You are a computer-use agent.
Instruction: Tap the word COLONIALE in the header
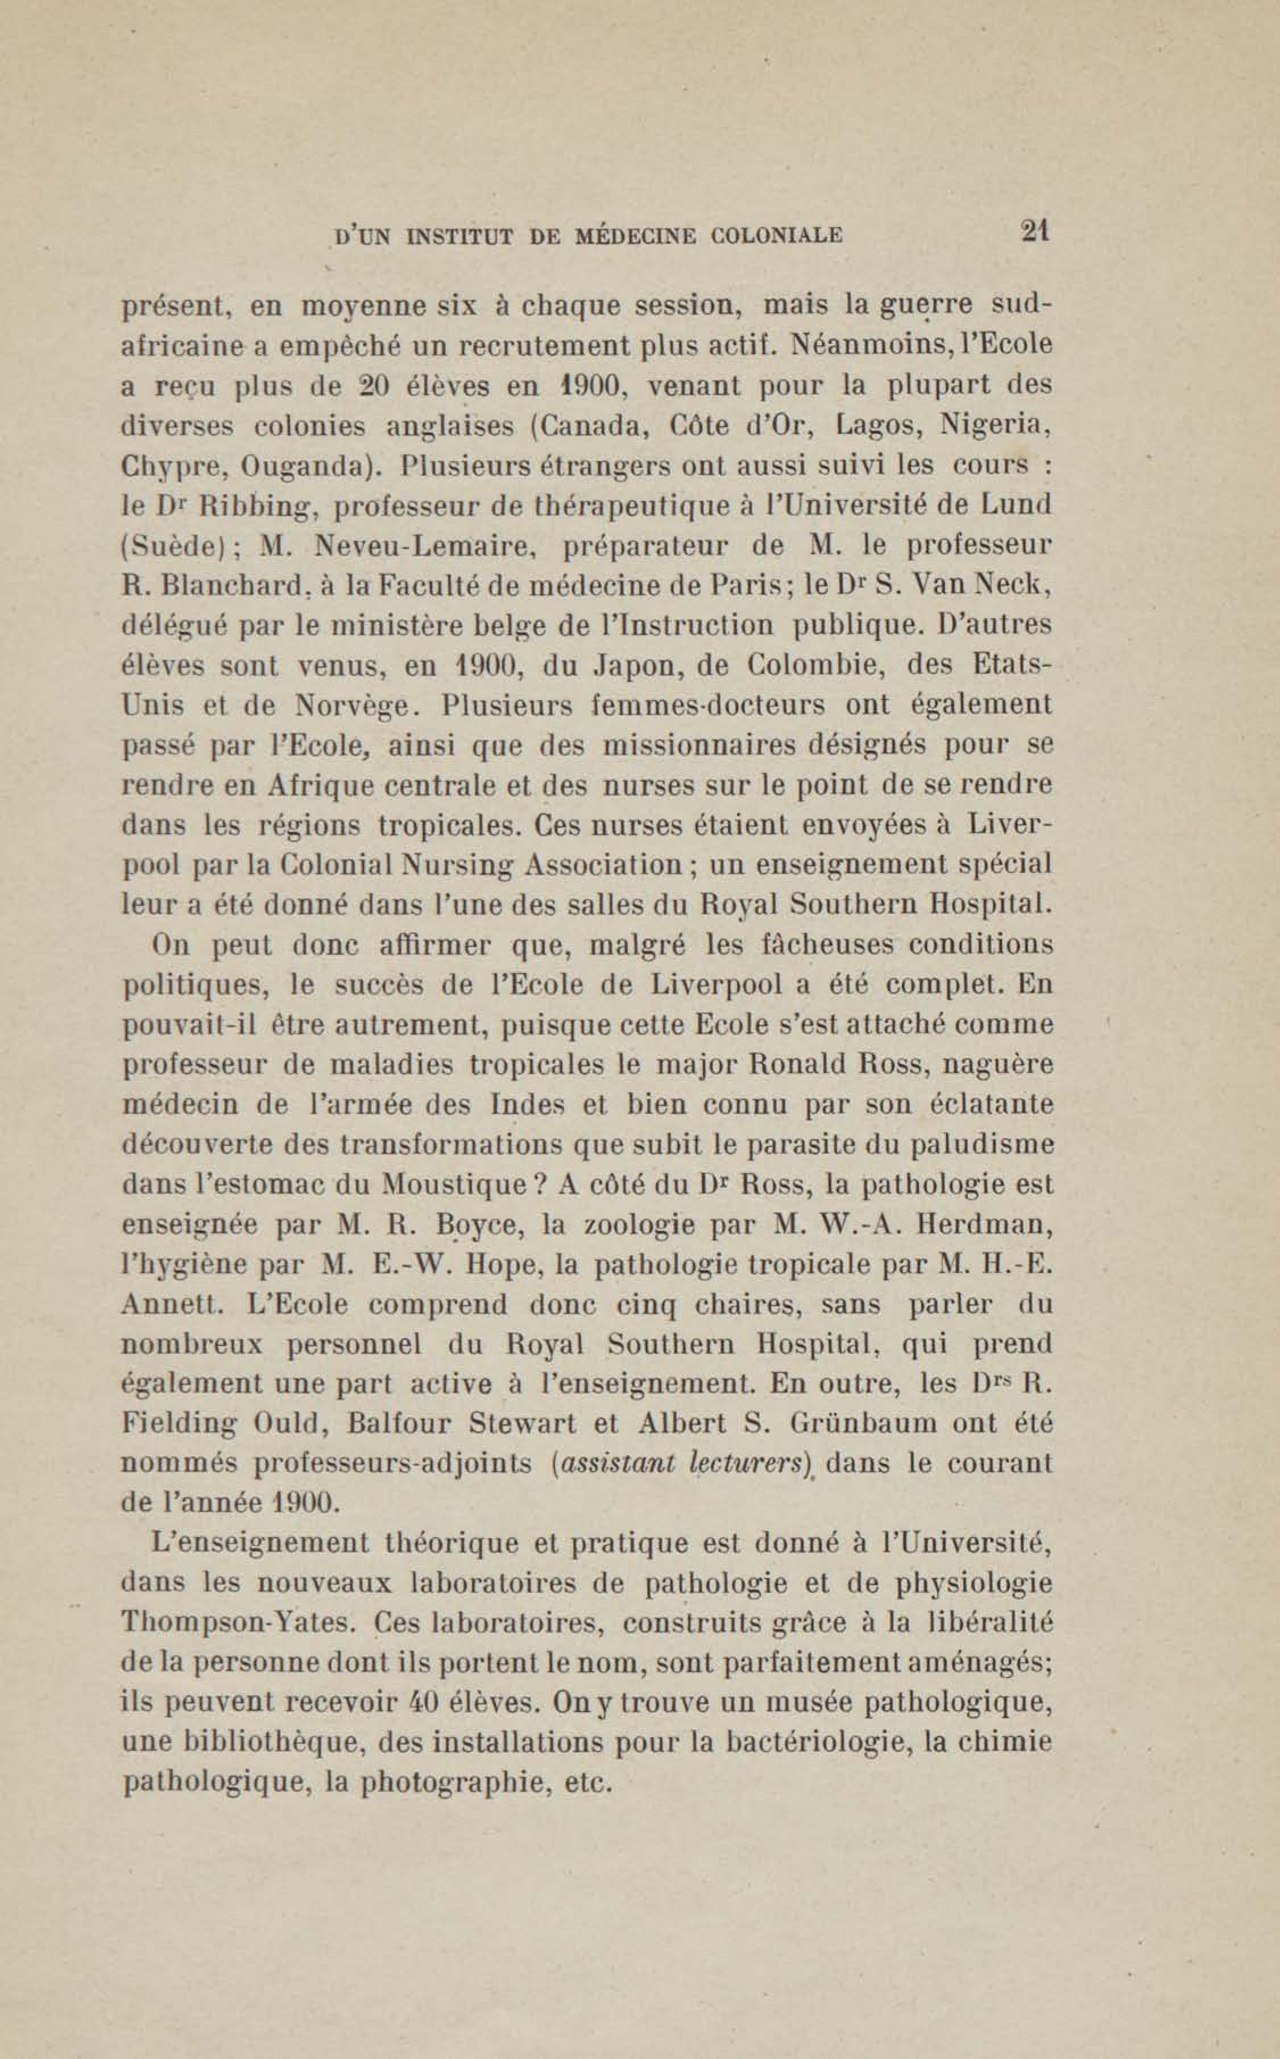point(777,235)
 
